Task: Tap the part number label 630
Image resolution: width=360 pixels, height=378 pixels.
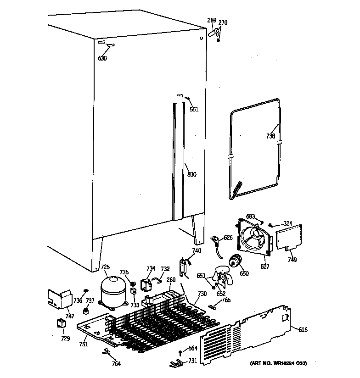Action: point(102,58)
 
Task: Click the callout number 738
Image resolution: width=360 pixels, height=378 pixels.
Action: point(270,136)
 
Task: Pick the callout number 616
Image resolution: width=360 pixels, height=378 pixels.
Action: point(303,330)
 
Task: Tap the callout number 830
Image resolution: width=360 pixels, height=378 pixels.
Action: point(191,174)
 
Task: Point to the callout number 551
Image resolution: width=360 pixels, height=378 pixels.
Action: point(194,109)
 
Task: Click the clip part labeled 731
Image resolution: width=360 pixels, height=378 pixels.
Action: point(175,364)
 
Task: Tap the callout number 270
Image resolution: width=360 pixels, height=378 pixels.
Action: point(223,22)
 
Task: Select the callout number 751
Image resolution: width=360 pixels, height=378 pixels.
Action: point(83,345)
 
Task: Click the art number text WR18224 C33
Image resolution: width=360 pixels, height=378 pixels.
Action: point(278,363)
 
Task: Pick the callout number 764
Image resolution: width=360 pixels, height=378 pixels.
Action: point(116,364)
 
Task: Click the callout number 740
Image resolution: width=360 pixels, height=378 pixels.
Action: point(197,250)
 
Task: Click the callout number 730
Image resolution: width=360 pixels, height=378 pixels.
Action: point(202,294)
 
